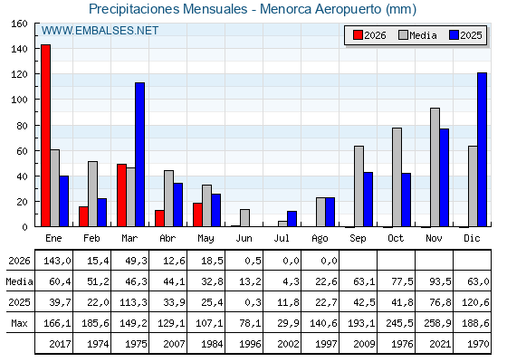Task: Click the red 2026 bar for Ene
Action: coord(45,136)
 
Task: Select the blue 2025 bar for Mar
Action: coord(139,155)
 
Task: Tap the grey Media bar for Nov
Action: coord(435,167)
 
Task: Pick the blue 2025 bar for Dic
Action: coord(482,149)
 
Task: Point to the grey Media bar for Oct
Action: coord(397,177)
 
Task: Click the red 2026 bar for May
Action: coord(197,214)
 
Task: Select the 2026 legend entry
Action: coord(369,35)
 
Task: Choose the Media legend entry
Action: coord(417,35)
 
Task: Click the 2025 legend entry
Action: coord(465,35)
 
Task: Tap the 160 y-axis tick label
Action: coord(19,24)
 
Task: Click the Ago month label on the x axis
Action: coord(320,239)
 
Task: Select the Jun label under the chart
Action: coord(244,239)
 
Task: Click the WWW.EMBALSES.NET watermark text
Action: coord(100,31)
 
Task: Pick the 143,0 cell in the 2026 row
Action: coord(57,261)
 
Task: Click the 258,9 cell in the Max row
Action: coord(437,323)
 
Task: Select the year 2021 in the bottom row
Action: coord(440,344)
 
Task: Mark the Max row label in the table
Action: coord(19,323)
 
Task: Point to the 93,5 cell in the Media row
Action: coord(440,281)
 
